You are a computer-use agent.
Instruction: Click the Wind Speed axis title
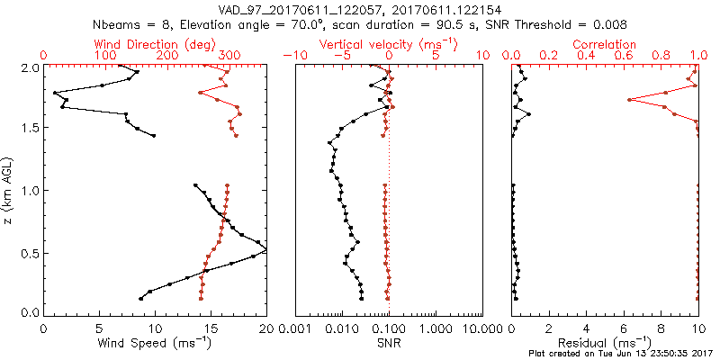(156, 343)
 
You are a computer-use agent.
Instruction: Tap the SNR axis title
(389, 343)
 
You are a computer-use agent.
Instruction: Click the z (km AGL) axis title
(10, 190)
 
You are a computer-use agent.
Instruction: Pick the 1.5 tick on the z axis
(30, 129)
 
